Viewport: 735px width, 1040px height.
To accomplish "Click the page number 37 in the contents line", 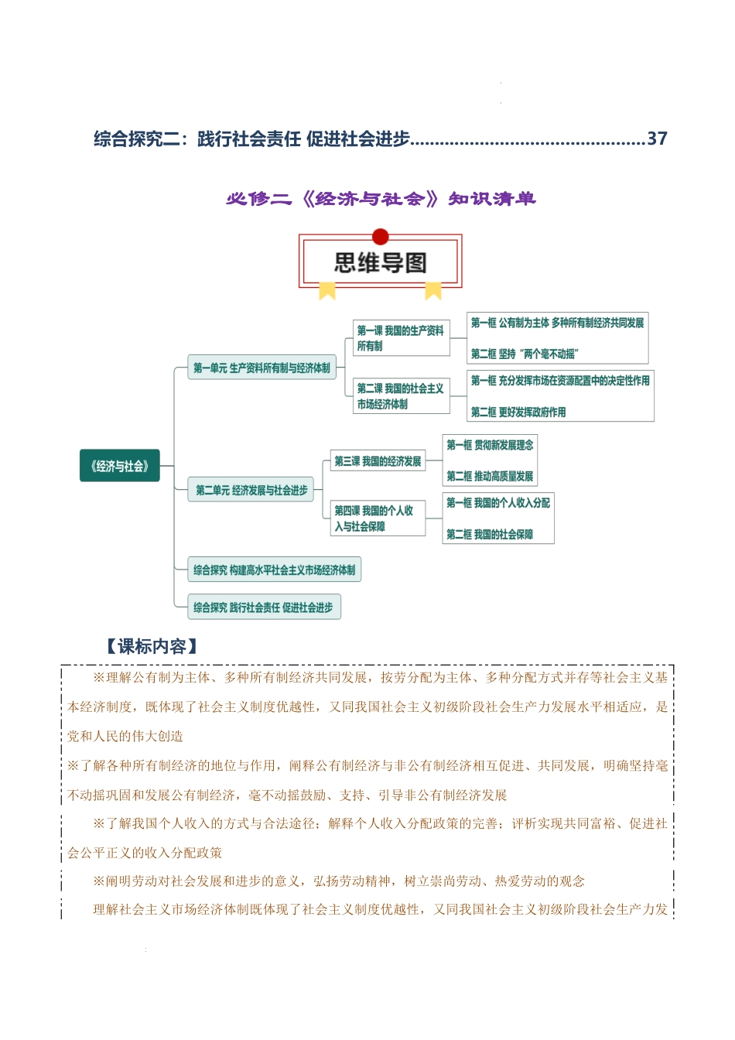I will (x=657, y=139).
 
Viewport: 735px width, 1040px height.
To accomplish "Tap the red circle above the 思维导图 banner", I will (x=380, y=237).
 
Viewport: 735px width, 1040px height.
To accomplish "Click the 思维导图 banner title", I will (x=380, y=263).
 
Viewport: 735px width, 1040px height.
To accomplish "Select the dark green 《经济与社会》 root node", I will (x=120, y=466).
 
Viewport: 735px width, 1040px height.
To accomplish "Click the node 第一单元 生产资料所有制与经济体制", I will (x=262, y=368).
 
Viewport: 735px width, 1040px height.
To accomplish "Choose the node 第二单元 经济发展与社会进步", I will (x=251, y=490).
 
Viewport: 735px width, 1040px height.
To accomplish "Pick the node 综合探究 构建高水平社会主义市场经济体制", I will (x=274, y=570).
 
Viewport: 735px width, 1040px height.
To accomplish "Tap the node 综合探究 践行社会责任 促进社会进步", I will (x=263, y=607).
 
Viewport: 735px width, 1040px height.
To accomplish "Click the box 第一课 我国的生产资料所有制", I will (x=401, y=338).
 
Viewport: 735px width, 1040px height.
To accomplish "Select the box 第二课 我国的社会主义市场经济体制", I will (x=401, y=396).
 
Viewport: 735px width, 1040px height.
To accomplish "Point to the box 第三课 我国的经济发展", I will (x=378, y=461).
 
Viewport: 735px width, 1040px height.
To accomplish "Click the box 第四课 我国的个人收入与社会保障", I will (x=378, y=518).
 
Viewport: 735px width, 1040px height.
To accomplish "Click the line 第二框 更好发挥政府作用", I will (x=518, y=412).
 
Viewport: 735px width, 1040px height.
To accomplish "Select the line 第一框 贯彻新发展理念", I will (x=490, y=445).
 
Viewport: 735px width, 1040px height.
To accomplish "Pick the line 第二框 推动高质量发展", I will (x=490, y=476).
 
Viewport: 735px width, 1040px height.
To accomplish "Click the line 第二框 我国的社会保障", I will (x=490, y=534).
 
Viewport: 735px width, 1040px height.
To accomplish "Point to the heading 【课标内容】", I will (x=152, y=646).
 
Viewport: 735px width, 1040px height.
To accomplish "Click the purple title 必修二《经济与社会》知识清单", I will (x=381, y=199).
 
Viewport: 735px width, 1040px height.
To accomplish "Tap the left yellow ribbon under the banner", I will (x=327, y=291).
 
